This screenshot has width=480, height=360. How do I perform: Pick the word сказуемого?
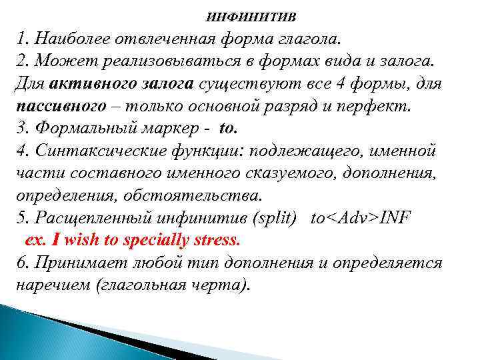point(297,174)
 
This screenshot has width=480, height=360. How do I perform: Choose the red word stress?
point(219,240)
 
